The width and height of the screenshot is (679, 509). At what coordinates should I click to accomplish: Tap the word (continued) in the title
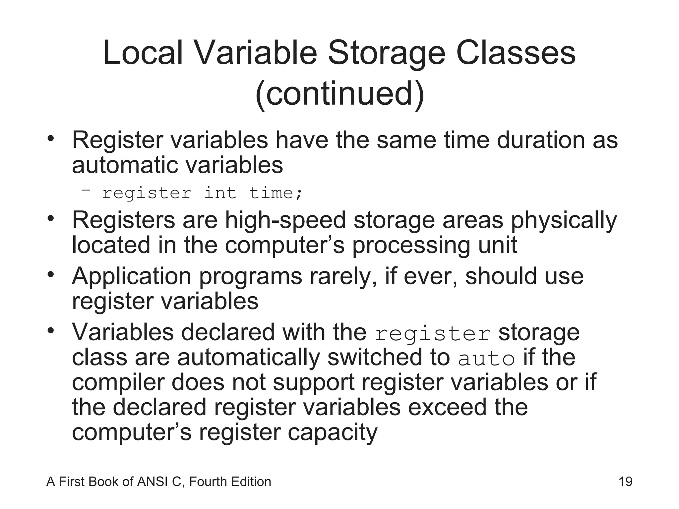click(339, 93)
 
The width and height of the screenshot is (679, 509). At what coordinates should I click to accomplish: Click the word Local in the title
click(143, 53)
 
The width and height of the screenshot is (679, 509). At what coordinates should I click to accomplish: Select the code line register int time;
click(202, 193)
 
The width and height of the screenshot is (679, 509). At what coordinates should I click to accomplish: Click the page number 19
click(625, 481)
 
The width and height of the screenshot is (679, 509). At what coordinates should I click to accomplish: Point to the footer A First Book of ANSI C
click(158, 481)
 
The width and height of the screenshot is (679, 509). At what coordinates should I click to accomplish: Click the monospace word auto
click(486, 359)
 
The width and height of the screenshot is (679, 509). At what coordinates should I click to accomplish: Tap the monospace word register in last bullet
click(432, 334)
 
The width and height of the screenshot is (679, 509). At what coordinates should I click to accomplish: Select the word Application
click(132, 276)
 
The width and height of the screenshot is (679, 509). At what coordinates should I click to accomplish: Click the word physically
click(564, 221)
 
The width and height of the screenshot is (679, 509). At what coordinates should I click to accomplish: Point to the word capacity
click(332, 433)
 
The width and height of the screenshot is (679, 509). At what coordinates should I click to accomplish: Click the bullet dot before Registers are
click(50, 218)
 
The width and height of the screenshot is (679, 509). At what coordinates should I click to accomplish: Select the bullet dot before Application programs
click(50, 275)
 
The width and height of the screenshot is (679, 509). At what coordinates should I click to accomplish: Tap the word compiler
click(118, 383)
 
